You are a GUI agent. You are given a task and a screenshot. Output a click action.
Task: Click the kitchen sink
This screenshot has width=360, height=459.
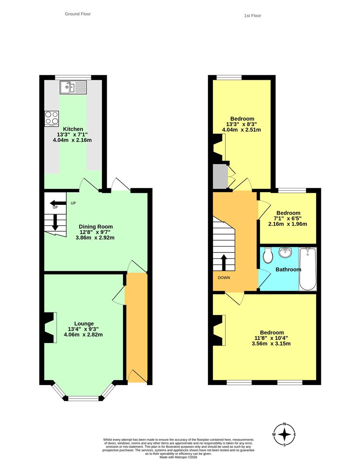[x=73, y=87]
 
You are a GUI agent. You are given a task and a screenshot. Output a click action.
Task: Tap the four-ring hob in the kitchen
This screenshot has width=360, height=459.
[x=51, y=119]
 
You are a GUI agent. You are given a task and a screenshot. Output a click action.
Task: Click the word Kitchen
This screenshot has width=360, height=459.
[x=73, y=129]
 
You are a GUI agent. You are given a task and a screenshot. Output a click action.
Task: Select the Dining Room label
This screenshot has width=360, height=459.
[x=96, y=227]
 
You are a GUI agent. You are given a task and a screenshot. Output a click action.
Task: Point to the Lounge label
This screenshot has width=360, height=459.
[x=84, y=323]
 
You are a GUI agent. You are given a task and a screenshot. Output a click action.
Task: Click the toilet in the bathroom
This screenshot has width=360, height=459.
[x=268, y=255]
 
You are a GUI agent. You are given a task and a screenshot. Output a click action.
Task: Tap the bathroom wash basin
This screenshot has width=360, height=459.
[x=285, y=252]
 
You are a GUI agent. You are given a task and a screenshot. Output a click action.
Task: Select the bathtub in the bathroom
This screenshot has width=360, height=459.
[x=308, y=269]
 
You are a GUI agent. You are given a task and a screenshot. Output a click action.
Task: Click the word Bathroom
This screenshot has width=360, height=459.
[x=288, y=269]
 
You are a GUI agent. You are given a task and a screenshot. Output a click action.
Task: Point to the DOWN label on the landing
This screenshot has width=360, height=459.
[x=224, y=278]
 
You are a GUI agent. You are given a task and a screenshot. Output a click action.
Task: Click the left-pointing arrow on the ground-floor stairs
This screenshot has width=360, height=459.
[x=58, y=203]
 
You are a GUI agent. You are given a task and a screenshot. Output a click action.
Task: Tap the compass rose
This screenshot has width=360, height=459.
[x=284, y=434]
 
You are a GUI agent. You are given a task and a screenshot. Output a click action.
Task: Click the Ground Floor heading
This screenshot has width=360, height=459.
[x=78, y=14]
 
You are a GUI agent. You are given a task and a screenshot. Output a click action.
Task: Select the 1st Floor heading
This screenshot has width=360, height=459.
[x=252, y=16]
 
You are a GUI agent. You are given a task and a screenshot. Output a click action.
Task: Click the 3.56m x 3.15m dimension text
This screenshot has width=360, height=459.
[x=271, y=343]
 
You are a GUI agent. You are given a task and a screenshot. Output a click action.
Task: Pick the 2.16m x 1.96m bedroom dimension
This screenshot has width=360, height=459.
[x=288, y=224]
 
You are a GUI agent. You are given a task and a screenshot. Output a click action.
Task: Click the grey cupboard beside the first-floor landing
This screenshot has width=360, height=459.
[x=220, y=176]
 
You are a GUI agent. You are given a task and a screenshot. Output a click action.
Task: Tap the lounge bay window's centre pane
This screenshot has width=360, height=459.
[x=84, y=398]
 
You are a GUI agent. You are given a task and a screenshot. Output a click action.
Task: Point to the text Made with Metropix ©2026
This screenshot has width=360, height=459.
[x=179, y=456]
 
